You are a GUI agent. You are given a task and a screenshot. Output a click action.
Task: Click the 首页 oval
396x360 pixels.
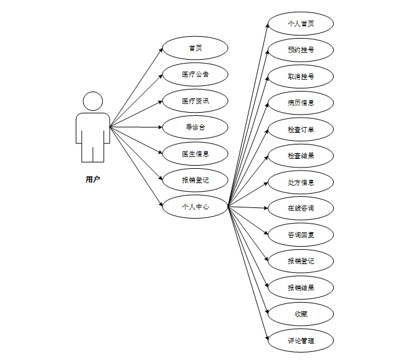click(195, 48)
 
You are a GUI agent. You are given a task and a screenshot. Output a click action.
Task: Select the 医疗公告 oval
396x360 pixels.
click(195, 74)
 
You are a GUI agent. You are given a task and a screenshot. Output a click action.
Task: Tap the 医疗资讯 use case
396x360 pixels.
click(195, 101)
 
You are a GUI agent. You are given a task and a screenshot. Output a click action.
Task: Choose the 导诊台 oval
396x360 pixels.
click(195, 127)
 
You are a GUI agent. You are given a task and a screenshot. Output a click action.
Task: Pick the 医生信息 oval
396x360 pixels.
click(195, 154)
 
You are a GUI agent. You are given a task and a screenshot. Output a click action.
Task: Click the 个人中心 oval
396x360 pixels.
click(195, 206)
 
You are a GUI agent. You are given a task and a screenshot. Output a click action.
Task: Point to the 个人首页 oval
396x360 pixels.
click(301, 24)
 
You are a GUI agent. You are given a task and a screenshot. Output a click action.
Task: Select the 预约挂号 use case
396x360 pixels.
click(301, 50)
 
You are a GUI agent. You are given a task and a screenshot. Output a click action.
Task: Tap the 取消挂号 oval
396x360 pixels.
click(301, 77)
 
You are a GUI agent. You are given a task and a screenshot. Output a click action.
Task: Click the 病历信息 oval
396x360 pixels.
click(301, 103)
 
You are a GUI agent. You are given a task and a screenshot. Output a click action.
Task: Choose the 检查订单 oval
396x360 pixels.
click(301, 130)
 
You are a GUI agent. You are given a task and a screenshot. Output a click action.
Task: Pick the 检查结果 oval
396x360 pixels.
click(301, 156)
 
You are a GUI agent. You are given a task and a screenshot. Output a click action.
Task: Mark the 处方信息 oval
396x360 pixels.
click(301, 182)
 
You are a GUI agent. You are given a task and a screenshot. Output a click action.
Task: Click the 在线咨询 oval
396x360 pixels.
click(301, 207)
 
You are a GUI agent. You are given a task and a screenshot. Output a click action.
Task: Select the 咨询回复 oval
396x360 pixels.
click(301, 235)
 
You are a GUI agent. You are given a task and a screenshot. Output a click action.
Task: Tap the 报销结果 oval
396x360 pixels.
click(301, 288)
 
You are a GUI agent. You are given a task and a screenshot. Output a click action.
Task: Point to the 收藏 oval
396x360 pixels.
click(301, 314)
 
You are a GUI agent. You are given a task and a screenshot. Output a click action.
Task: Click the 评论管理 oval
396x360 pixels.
click(301, 341)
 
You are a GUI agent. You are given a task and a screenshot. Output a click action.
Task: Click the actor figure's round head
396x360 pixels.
click(93, 102)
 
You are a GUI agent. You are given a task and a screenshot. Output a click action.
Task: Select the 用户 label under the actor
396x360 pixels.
click(93, 179)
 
